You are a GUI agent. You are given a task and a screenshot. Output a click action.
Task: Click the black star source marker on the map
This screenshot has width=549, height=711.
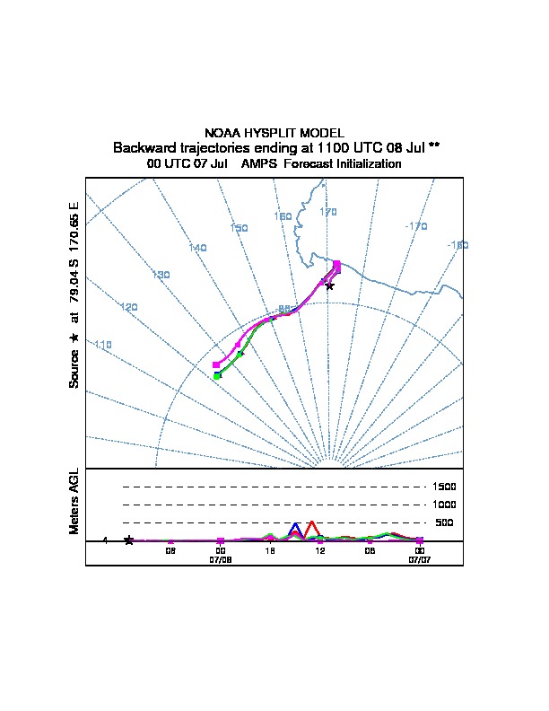329,285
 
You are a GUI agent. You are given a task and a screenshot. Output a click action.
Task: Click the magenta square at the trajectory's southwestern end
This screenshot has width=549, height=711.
216,365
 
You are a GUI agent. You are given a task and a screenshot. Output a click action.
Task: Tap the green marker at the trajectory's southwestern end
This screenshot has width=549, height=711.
217,375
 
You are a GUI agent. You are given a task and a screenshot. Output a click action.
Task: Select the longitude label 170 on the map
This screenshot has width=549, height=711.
328,212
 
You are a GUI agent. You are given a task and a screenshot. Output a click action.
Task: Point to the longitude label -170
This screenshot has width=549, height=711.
416,226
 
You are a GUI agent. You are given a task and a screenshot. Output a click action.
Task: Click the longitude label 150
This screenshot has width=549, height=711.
239,228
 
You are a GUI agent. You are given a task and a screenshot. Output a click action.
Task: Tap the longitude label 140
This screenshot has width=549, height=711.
197,248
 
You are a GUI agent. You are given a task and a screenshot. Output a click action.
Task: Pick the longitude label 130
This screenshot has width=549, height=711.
161,275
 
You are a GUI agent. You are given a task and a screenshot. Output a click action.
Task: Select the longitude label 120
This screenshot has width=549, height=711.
129,307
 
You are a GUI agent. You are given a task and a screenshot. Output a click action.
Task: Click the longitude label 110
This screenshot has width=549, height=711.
102,345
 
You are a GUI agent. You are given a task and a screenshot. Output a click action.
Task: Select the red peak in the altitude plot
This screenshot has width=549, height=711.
310,522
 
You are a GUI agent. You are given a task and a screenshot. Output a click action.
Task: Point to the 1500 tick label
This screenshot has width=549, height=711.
445,487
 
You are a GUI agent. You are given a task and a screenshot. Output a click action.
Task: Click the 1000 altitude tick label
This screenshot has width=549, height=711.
445,505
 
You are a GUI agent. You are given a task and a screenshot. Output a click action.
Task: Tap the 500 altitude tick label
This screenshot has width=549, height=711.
445,522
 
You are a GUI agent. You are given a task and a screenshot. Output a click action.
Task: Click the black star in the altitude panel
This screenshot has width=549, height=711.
129,540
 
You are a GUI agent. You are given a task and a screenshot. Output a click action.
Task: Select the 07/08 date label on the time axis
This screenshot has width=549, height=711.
221,558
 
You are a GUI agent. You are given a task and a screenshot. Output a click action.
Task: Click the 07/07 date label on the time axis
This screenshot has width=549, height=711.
419,558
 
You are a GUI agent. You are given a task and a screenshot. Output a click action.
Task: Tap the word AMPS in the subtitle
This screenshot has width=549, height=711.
256,164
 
